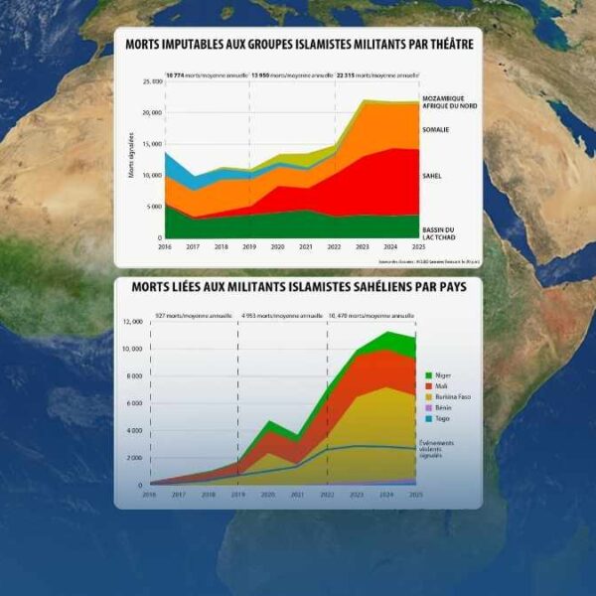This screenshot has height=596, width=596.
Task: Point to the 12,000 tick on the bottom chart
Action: click(x=131, y=322)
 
